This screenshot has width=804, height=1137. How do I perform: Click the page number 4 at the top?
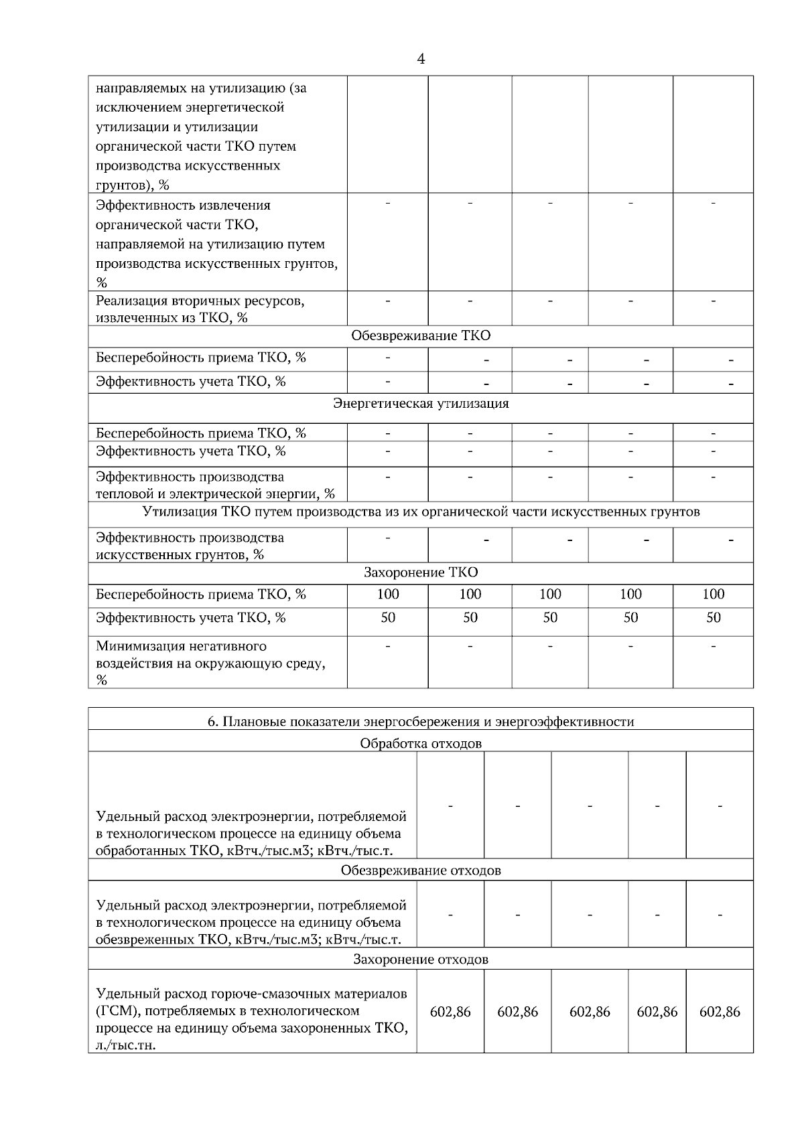[x=420, y=60]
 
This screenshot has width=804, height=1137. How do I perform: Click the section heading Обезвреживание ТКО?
[x=420, y=335]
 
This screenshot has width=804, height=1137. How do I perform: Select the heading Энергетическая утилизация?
[x=420, y=403]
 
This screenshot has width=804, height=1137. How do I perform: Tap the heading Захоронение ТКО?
[x=420, y=572]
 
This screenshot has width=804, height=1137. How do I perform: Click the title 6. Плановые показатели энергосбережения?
[x=420, y=721]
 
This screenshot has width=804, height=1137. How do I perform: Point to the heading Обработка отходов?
[x=420, y=743]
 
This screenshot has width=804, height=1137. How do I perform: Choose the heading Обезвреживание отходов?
[x=420, y=870]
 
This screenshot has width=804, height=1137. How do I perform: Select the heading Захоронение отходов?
[x=420, y=959]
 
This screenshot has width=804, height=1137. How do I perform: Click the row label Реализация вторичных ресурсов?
[x=200, y=309]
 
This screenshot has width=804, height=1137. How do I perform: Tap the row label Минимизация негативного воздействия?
[x=210, y=663]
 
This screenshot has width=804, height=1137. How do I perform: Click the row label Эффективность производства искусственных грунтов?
[x=190, y=546]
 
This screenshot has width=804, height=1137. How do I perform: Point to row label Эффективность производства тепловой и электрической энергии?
[x=214, y=485]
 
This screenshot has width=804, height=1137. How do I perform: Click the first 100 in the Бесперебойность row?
[x=387, y=594]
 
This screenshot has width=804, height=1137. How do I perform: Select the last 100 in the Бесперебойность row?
[x=713, y=594]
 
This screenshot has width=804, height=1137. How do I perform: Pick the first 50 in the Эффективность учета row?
[x=387, y=617]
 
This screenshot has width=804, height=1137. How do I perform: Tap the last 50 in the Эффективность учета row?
[x=713, y=617]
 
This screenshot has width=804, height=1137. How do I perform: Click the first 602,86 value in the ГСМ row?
[x=450, y=1012]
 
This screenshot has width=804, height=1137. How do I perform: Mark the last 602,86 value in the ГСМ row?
[x=720, y=1012]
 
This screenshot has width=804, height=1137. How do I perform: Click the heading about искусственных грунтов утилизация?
[x=420, y=512]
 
